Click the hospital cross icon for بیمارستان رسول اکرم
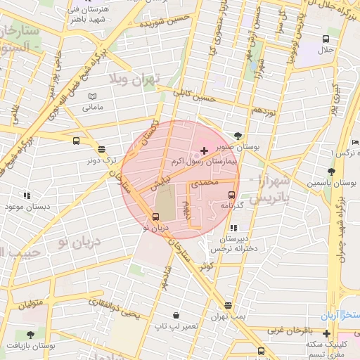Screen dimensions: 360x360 pos(204,150)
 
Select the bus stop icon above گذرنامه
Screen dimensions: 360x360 pos(231,195)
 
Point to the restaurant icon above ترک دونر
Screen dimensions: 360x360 pos(101,149)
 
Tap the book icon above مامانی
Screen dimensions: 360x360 pos(93,96)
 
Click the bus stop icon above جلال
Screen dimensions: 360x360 pos(326,39)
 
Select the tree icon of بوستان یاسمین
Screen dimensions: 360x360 pos(330,171)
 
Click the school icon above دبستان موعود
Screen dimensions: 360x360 pos(27,195)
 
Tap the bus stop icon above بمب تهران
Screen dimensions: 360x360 pos(227,305)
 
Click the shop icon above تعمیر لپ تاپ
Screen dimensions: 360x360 pos(175,316)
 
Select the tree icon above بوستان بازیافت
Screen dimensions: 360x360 pos(30,335)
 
